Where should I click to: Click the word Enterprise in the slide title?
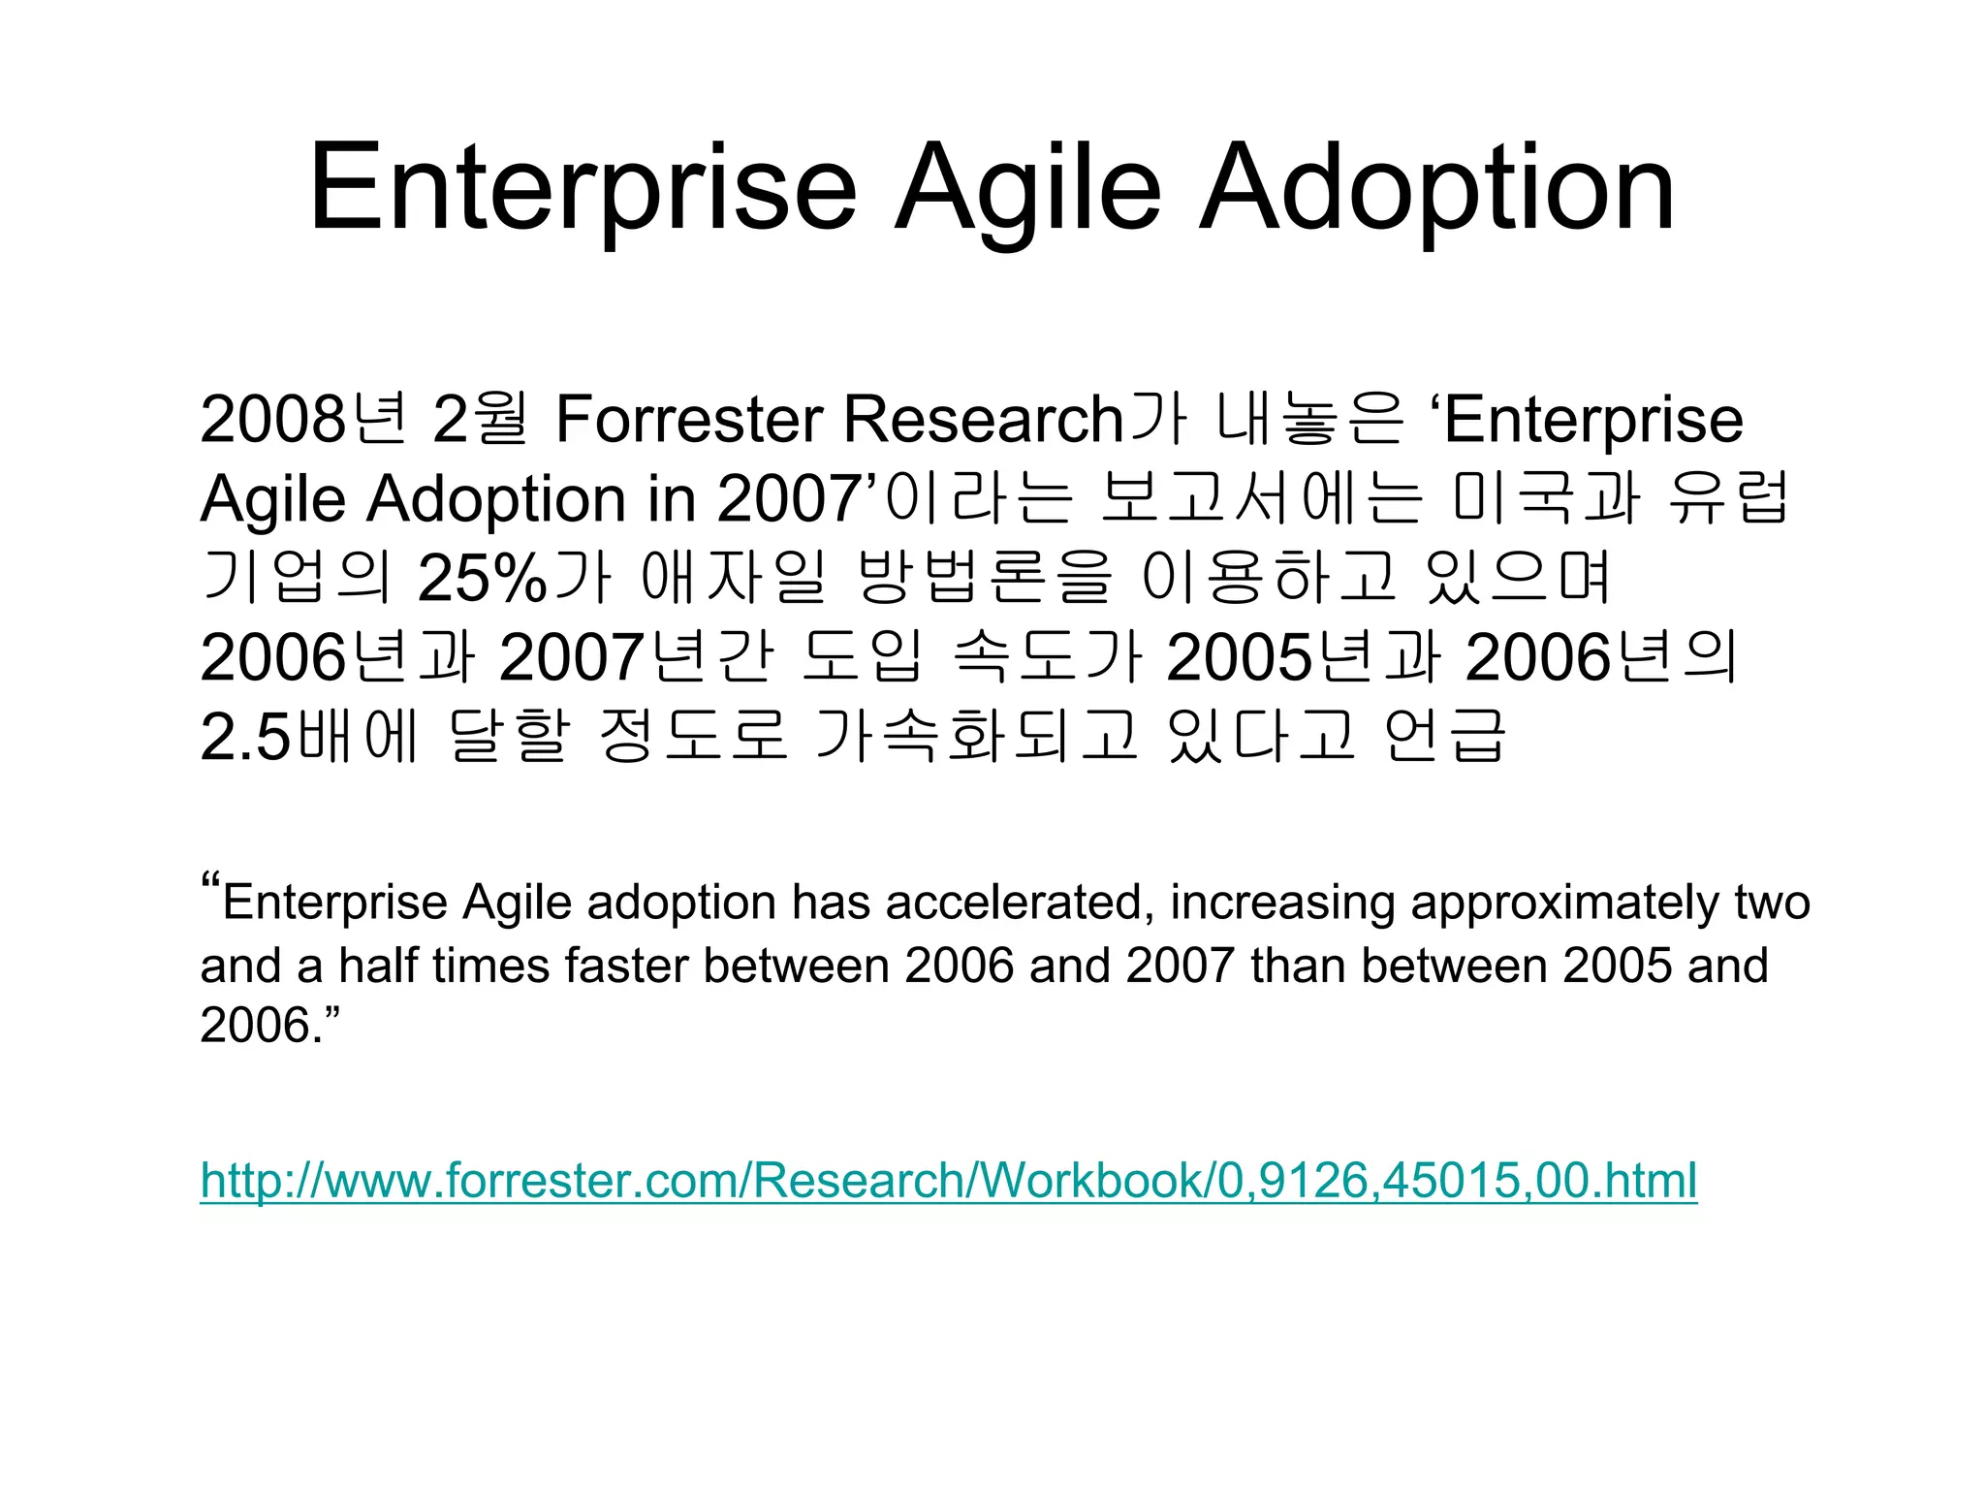583,189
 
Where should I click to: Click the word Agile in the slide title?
1027,189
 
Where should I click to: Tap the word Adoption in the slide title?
1436,189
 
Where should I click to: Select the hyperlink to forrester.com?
948,1180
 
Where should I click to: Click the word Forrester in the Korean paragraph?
689,420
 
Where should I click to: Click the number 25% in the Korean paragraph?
482,579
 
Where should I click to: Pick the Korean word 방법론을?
984,579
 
